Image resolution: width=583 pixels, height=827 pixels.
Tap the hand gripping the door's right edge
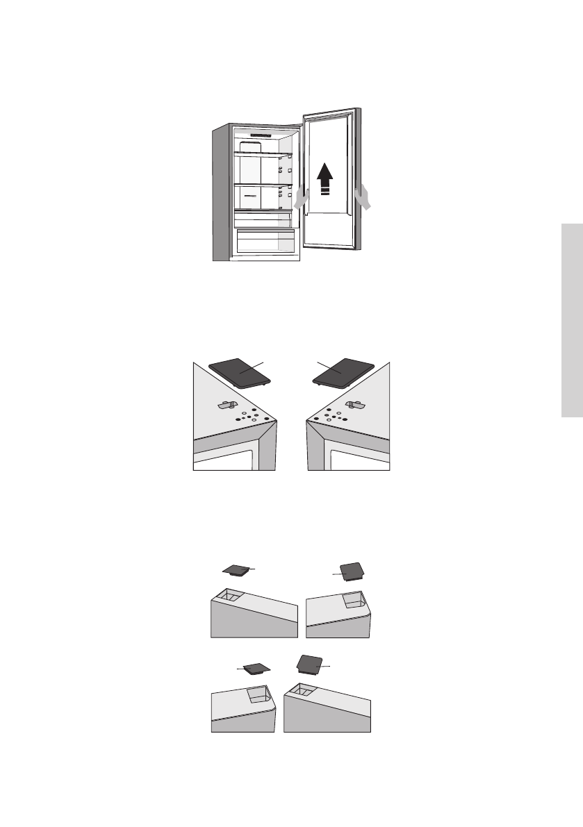[x=363, y=197]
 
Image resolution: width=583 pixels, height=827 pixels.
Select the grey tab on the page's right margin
[x=573, y=320]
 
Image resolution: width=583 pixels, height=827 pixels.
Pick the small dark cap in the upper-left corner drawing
[x=237, y=570]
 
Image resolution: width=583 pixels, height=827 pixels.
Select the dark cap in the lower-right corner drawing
[x=309, y=663]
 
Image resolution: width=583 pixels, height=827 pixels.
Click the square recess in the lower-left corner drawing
[x=258, y=693]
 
